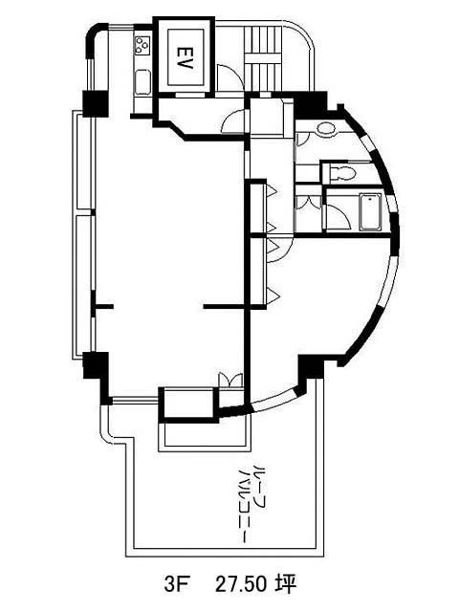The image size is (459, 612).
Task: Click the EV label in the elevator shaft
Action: [x=185, y=57]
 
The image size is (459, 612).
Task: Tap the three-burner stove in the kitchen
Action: [x=142, y=46]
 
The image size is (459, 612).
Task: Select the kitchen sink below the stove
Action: [x=142, y=82]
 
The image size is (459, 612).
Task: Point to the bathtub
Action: [x=370, y=211]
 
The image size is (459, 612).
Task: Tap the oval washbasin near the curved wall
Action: [x=325, y=128]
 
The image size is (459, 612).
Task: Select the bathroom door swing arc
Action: [x=339, y=216]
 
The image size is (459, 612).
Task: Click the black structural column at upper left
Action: [x=95, y=103]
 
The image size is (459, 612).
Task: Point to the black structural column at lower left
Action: [x=96, y=365]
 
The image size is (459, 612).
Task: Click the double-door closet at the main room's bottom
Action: [x=230, y=381]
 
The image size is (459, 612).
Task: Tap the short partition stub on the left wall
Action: [x=102, y=306]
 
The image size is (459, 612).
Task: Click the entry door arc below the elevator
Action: [x=234, y=121]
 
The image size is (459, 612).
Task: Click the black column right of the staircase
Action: [x=311, y=103]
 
